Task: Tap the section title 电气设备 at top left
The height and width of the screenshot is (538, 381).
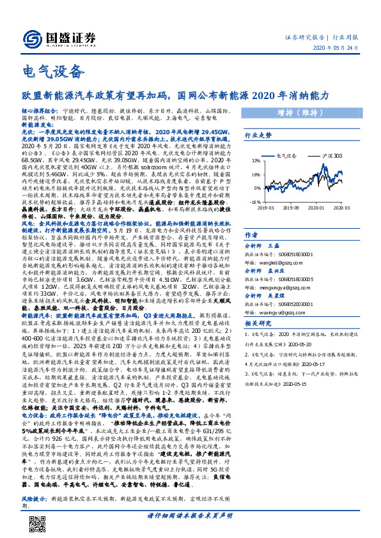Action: [44, 70]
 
